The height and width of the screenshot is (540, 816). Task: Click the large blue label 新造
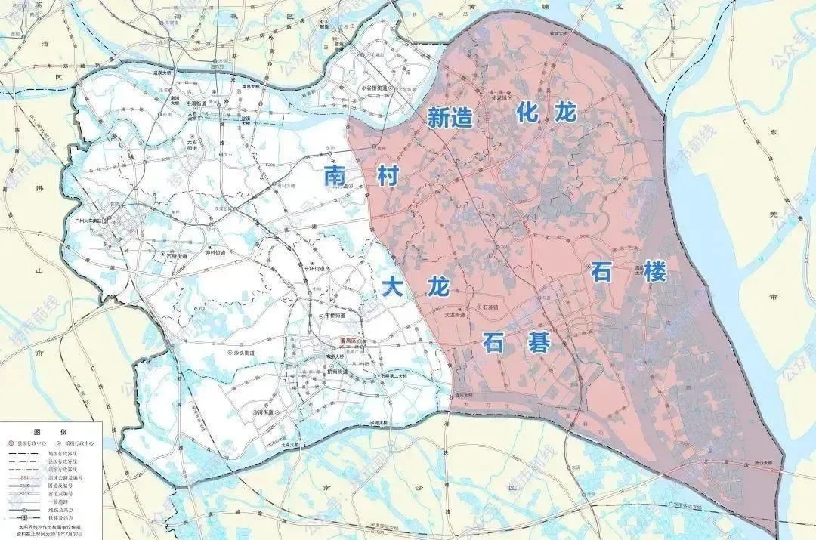pos(451,117)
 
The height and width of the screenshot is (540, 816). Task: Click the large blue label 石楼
pos(629,273)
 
